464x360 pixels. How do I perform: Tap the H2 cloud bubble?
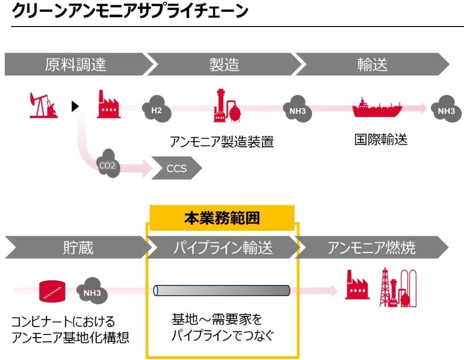[x=156, y=109]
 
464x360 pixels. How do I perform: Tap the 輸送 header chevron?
[x=372, y=64]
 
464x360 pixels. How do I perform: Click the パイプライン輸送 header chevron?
[x=223, y=247]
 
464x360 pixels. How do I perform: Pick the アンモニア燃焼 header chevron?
[x=372, y=247]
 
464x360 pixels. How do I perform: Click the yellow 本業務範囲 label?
[x=222, y=218]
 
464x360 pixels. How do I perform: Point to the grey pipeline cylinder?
[x=221, y=290]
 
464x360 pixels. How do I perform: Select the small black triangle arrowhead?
[x=75, y=107]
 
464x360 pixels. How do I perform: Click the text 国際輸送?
[x=381, y=140]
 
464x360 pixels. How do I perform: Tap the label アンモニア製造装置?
[x=222, y=141]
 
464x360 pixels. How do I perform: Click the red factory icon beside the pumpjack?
[x=108, y=104]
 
